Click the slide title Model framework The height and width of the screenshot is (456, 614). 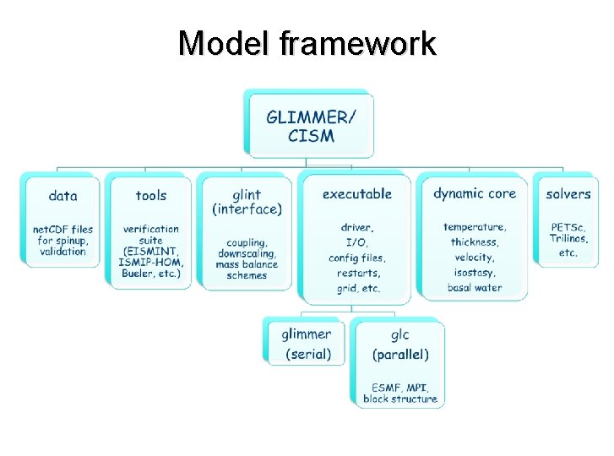[307, 43]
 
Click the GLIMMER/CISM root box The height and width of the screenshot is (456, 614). [311, 125]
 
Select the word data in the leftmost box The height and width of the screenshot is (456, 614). [62, 196]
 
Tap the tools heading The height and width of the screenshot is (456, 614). [151, 195]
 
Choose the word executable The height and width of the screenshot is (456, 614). [357, 193]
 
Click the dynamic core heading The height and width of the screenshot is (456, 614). [474, 193]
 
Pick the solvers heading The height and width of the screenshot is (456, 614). [568, 194]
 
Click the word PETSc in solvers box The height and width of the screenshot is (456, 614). [566, 227]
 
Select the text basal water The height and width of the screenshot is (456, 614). [474, 288]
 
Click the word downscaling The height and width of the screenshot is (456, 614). [246, 254]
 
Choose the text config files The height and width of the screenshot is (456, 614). [356, 258]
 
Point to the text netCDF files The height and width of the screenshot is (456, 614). [63, 229]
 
